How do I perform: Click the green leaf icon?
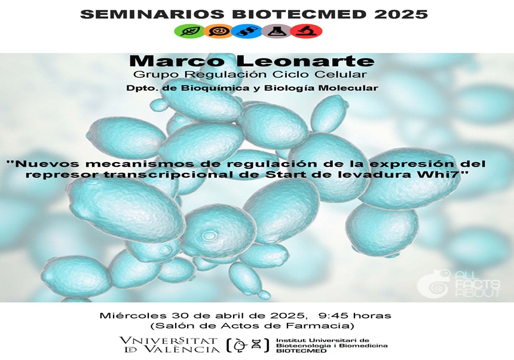point(189,31)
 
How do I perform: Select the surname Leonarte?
point(305,61)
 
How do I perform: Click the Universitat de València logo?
point(170,345)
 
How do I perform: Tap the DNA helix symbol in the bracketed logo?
point(256,344)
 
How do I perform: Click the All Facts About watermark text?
point(478,284)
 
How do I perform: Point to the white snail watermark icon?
point(434,284)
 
